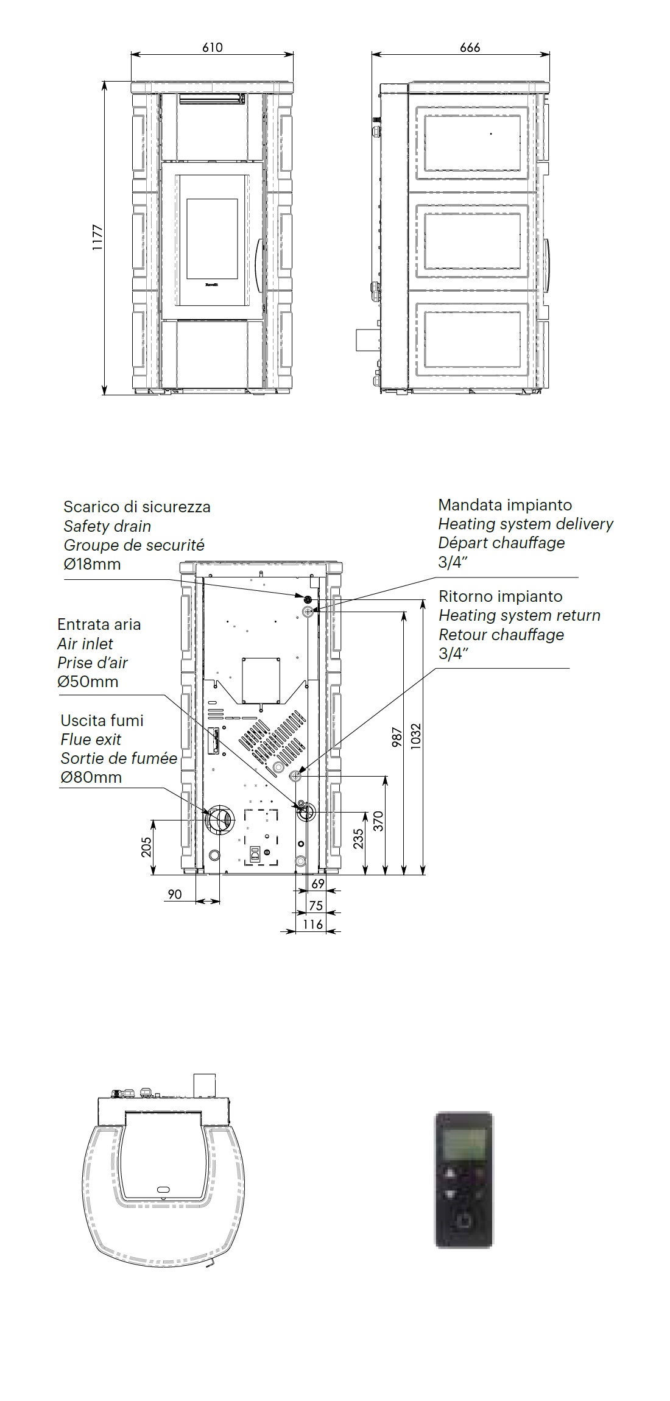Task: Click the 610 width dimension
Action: [x=213, y=47]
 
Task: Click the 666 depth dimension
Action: [x=470, y=47]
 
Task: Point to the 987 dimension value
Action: [x=397, y=737]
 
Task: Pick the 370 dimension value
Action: [x=378, y=822]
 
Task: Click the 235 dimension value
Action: [x=359, y=839]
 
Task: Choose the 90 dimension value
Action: [x=175, y=894]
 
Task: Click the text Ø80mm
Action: [x=91, y=777]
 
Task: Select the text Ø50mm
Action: [x=88, y=682]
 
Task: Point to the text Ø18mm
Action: [x=92, y=564]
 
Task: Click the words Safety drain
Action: [x=107, y=526]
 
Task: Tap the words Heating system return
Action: [x=520, y=615]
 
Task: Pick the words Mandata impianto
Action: [x=505, y=504]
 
